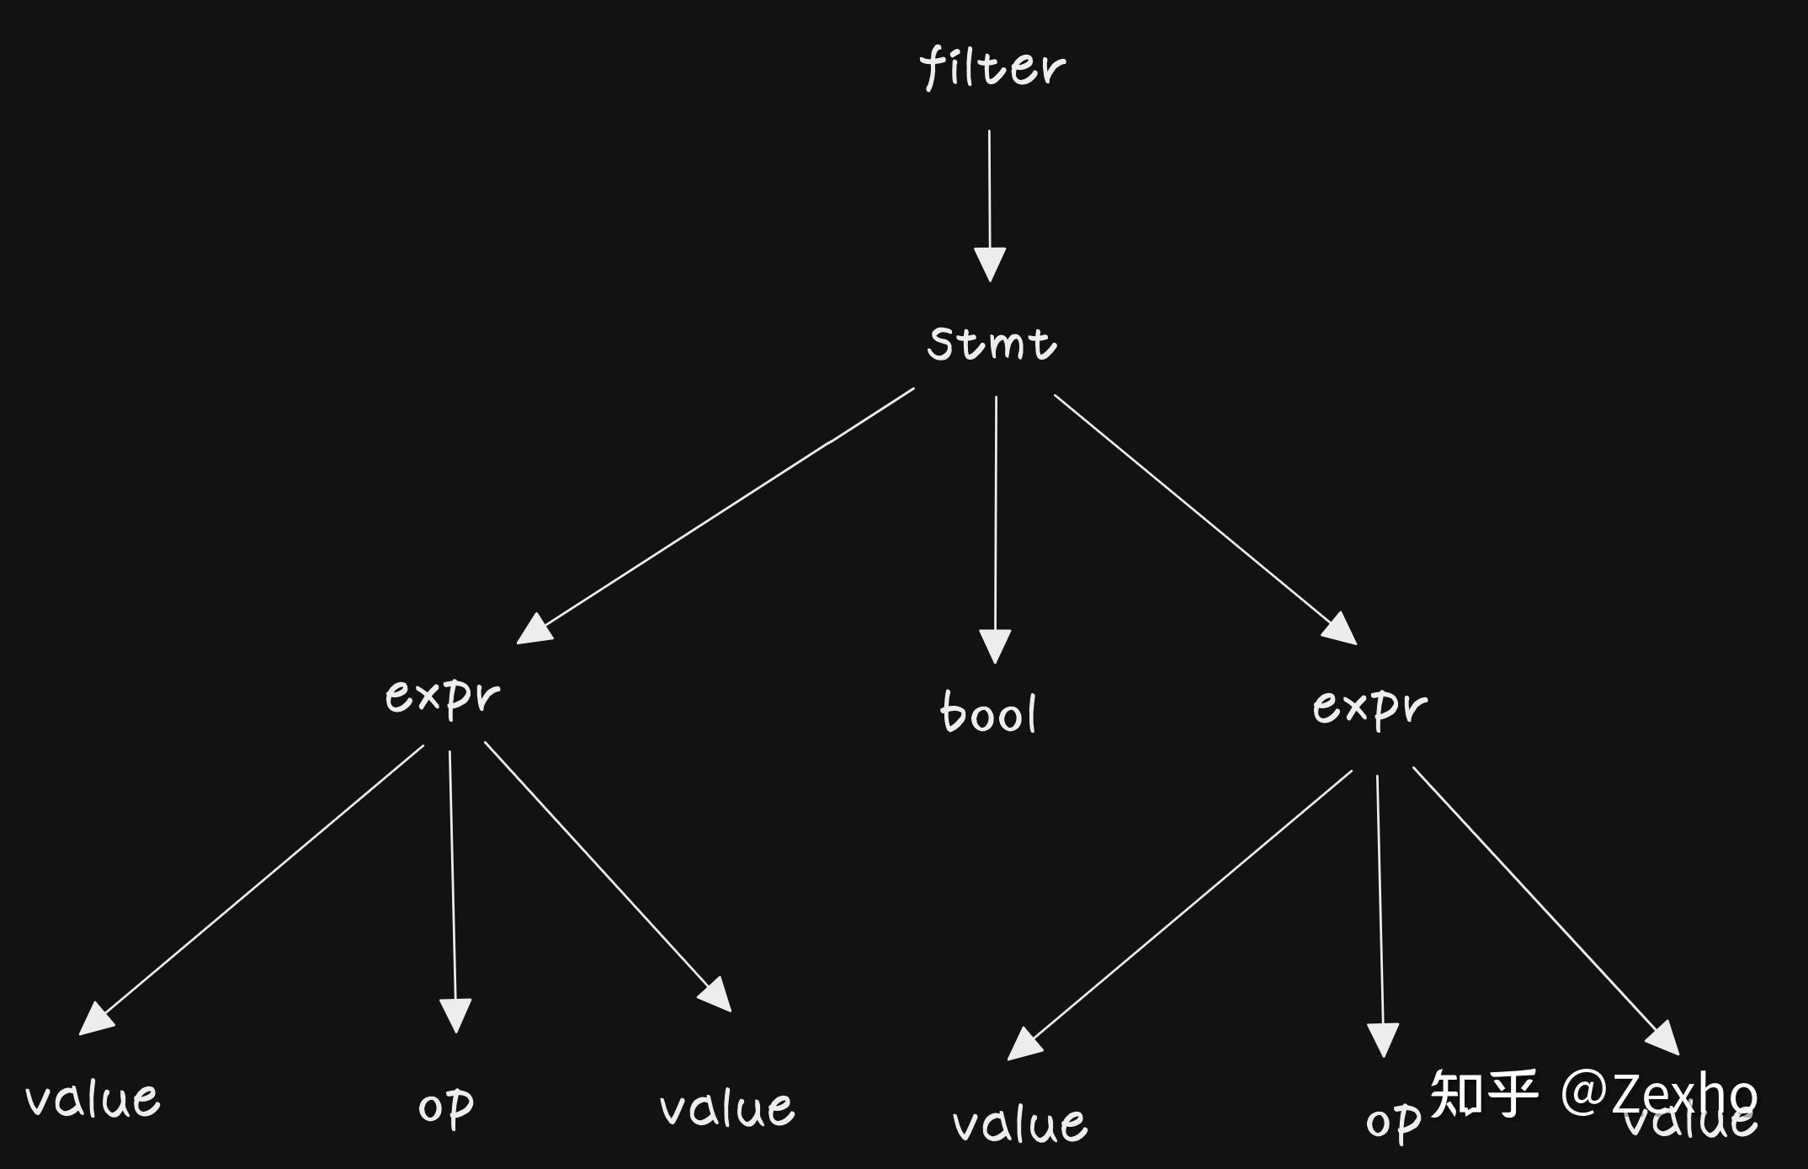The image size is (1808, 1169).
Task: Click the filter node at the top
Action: [x=992, y=67]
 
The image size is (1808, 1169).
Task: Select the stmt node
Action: [x=992, y=344]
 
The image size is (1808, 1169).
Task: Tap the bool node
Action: [x=988, y=713]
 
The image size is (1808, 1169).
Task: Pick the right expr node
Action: [x=1370, y=706]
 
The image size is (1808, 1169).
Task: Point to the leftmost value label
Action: [x=93, y=1099]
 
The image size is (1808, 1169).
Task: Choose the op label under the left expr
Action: [x=446, y=1107]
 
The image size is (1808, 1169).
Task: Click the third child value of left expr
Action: [x=727, y=1108]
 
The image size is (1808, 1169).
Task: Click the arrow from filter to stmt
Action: [x=990, y=202]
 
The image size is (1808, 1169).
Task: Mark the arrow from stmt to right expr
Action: [x=1204, y=518]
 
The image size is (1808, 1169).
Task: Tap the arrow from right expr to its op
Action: [x=1380, y=910]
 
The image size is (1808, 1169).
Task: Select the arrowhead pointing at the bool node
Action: [x=995, y=647]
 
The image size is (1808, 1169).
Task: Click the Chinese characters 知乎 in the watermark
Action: [x=1483, y=1093]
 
